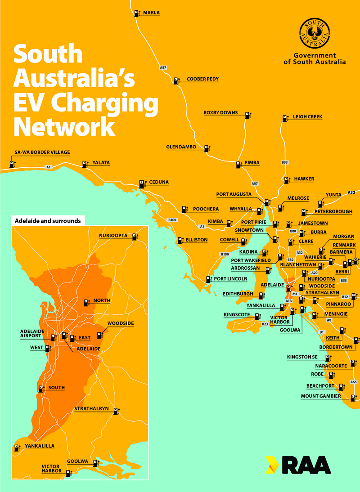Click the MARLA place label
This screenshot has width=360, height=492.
pos(151,13)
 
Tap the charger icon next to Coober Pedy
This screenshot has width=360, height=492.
pos(177,81)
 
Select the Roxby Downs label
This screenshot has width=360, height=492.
pos(220,112)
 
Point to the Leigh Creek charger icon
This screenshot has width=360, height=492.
pos(285,118)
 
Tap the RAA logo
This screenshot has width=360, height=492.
pos(298,465)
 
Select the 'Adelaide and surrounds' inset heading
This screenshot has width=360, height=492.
pos(48,221)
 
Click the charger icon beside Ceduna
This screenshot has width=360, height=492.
pos(142,183)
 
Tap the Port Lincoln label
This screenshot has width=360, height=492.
pos(230,279)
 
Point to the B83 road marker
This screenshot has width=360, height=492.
pos(284,162)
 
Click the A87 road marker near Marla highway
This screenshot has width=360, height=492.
pos(163,67)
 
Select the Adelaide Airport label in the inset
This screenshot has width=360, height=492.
pos(31,334)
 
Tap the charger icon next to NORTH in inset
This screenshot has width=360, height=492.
pos(86,302)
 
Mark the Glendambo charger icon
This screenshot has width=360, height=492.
pos(207,148)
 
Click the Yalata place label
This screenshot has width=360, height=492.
pos(101,163)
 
